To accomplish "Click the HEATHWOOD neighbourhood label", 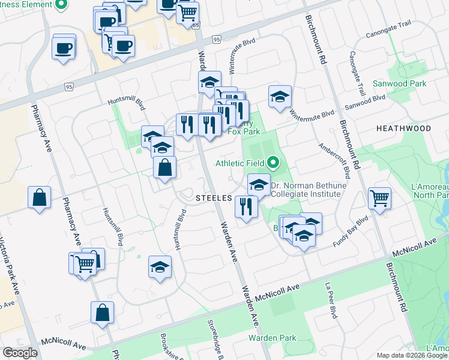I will [403, 128].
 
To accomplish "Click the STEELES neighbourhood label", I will [214, 197].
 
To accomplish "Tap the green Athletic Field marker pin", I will [274, 162].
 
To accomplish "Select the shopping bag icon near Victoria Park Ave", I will [39, 197].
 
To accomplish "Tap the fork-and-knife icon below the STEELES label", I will [246, 206].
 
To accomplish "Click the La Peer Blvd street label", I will [331, 300].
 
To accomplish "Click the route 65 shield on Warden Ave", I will [196, 26].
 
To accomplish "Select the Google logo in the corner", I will [20, 353].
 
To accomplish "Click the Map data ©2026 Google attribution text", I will [411, 355].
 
